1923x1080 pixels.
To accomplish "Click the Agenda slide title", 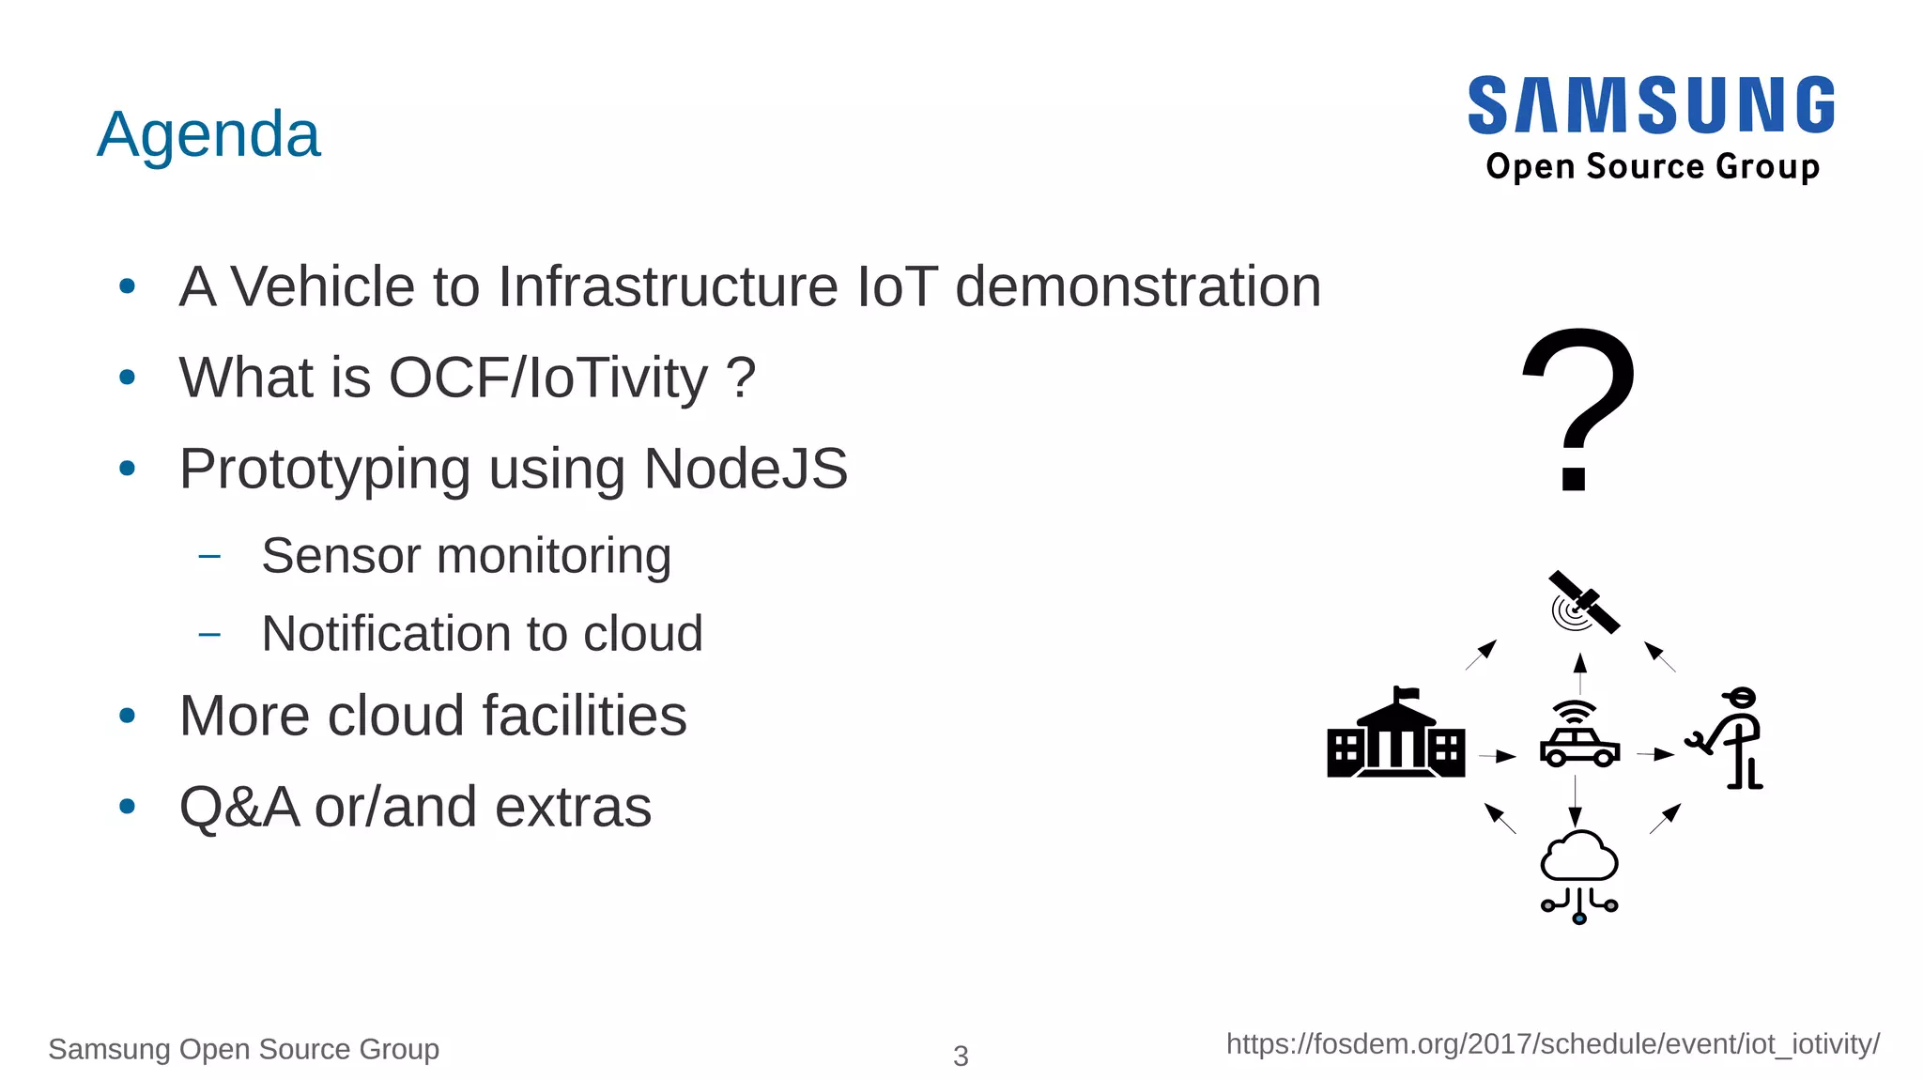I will (x=208, y=134).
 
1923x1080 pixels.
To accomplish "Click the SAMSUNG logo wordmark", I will (x=1652, y=105).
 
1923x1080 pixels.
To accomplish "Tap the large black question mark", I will (x=1577, y=409).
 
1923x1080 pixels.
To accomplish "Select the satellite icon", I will (x=1582, y=603).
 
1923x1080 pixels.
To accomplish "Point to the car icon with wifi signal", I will (x=1579, y=734).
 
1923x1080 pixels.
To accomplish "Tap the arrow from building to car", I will (x=1498, y=755).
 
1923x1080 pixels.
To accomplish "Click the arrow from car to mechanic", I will (x=1655, y=753).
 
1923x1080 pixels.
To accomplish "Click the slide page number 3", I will (x=961, y=1056).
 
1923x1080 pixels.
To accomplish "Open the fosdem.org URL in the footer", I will (x=1552, y=1044).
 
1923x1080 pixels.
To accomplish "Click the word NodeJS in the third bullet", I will (x=746, y=468).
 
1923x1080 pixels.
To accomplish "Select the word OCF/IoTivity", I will (x=548, y=378).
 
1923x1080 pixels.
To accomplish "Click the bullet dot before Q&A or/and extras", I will (x=128, y=806).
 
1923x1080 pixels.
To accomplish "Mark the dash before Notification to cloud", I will (x=209, y=634).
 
